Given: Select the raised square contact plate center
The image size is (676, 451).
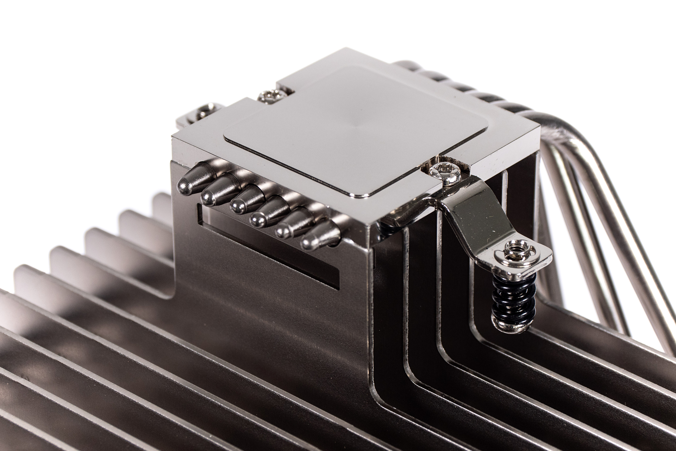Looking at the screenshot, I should (x=354, y=127).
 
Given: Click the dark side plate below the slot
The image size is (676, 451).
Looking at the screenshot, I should (x=273, y=302).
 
